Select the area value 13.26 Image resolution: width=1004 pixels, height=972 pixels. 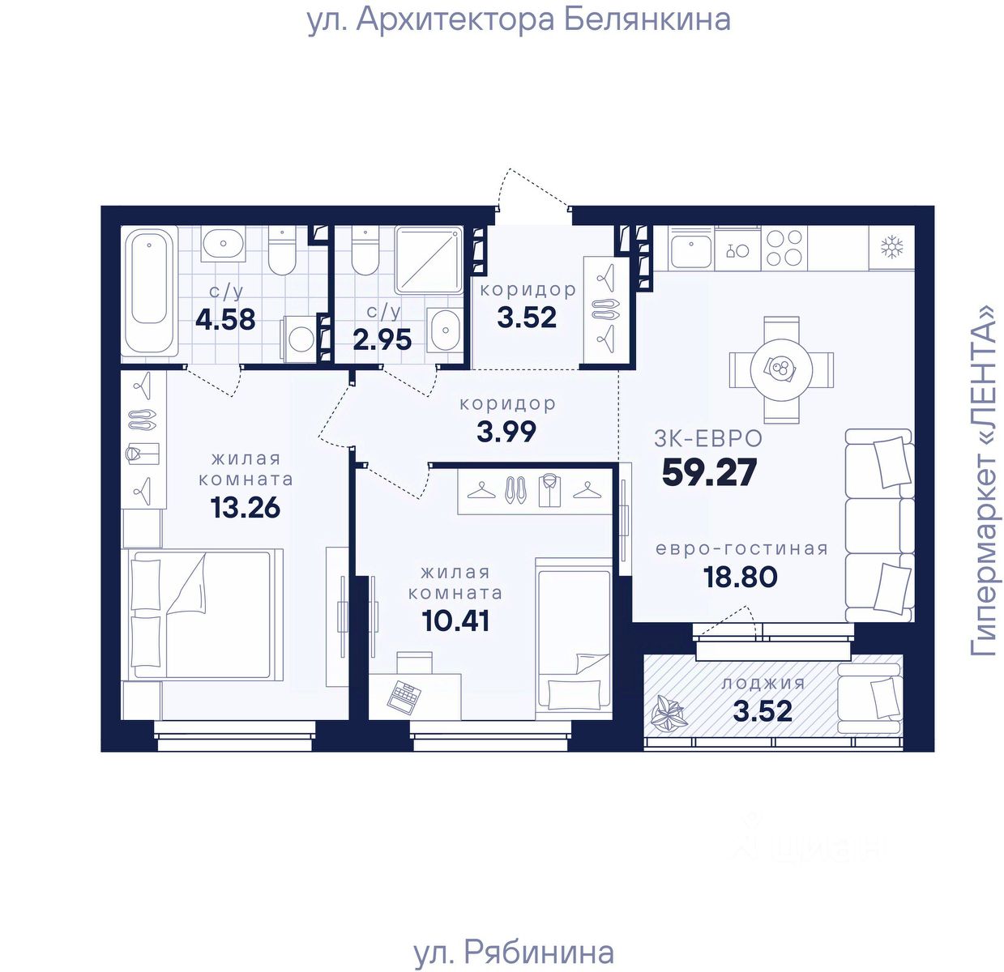click(245, 507)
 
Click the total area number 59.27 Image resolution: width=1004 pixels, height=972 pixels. click(709, 471)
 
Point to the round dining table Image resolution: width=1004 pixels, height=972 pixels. click(781, 369)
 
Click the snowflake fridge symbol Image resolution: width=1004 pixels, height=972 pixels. click(891, 247)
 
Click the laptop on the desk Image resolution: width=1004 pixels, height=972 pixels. click(404, 697)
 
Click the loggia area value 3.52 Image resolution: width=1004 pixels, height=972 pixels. click(763, 711)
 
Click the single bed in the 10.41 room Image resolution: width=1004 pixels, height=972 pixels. click(573, 638)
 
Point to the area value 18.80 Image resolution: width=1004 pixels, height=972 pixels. click(741, 577)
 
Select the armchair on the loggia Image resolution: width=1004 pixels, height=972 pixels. click(869, 698)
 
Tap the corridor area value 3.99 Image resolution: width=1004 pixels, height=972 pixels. click(506, 431)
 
